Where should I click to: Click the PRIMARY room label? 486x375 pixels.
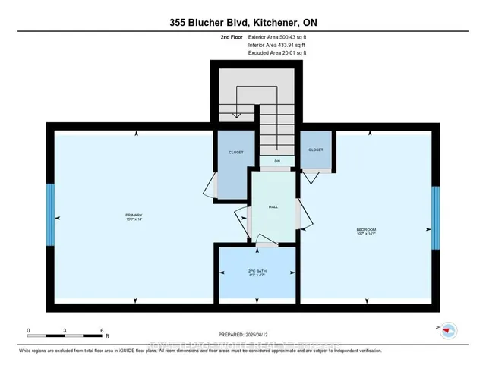point(134,216)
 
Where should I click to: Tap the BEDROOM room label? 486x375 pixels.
point(367,231)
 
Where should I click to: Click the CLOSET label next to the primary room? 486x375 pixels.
point(236,153)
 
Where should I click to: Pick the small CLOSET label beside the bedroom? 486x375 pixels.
point(316,150)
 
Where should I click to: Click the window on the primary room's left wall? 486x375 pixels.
point(50,215)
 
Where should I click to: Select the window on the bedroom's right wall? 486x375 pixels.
point(437,218)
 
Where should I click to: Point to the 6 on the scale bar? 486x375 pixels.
point(102,330)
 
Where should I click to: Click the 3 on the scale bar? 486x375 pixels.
point(65,330)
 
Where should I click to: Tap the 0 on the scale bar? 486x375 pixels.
point(29,330)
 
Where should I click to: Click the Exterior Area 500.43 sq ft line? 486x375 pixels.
point(278,36)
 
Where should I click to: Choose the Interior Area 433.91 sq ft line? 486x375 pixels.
point(277,45)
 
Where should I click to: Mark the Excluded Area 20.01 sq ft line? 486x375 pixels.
point(277,53)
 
